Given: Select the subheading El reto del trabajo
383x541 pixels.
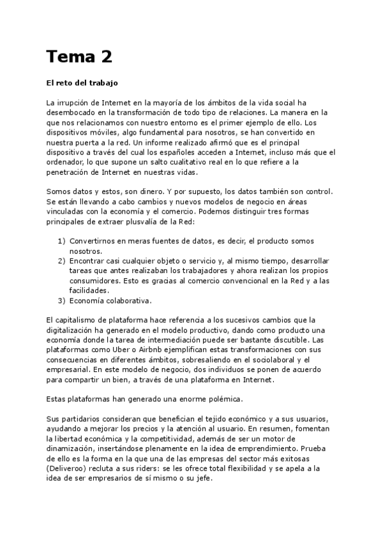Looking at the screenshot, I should click(82, 83).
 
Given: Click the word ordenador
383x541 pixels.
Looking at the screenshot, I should click(68, 162).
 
